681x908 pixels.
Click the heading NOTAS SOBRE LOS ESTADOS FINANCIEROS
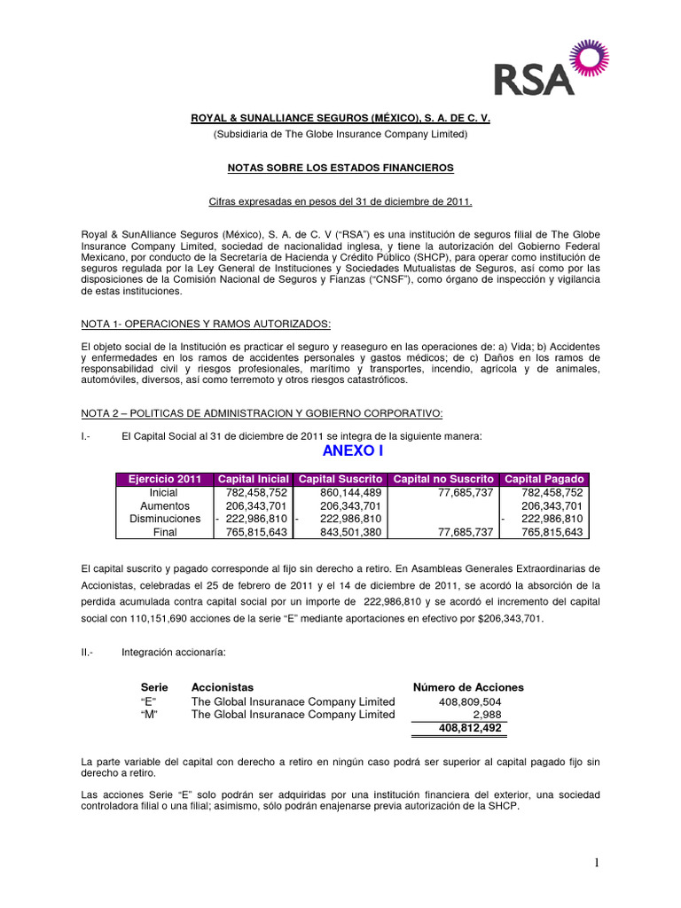click(340, 168)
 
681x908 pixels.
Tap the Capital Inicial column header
click(253, 479)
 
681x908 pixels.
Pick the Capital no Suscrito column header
click(442, 479)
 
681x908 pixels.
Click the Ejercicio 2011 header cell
click(164, 479)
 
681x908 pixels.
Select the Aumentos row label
click(164, 505)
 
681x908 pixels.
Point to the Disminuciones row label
click(164, 519)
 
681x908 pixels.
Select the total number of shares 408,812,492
click(470, 728)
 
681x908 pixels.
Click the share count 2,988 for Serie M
click(487, 715)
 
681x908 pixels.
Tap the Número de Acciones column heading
click(468, 687)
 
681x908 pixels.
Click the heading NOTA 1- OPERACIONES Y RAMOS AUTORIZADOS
click(206, 325)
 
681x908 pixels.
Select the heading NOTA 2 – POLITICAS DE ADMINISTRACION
click(261, 414)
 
